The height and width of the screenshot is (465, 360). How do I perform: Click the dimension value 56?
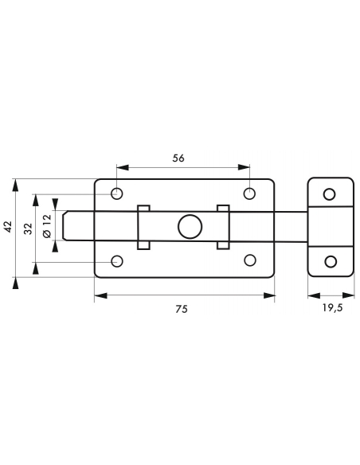pos(178,158)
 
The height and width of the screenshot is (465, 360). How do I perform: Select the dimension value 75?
pos(181,309)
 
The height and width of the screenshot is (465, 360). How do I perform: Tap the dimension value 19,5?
pos(332,308)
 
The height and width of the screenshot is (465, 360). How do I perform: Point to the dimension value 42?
pos(8,227)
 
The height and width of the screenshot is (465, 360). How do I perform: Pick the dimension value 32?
pos(28,229)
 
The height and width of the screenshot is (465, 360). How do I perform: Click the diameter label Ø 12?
pos(47,226)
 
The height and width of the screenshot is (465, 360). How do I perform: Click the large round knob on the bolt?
pos(190,227)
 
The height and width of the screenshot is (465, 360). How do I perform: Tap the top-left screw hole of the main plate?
pos(117,193)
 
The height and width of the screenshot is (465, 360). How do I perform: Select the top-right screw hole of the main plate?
pos(249,193)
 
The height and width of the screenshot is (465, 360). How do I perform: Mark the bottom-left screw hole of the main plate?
pos(117,261)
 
